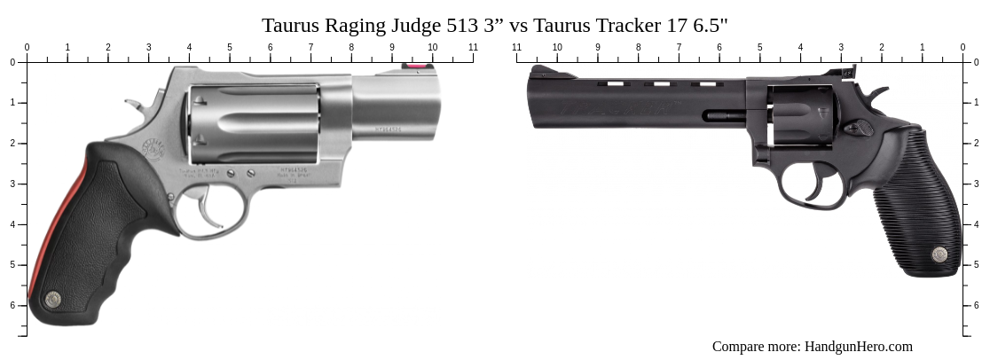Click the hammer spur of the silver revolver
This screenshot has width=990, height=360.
[134, 105]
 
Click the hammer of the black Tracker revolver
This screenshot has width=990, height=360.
[875, 93]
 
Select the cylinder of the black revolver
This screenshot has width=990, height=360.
[801, 115]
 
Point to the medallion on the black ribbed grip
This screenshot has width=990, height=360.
[939, 255]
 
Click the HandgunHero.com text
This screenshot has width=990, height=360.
[858, 347]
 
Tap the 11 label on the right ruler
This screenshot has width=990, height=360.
[517, 47]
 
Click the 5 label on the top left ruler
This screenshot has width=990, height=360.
[230, 47]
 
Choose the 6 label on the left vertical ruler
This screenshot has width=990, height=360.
[12, 305]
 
